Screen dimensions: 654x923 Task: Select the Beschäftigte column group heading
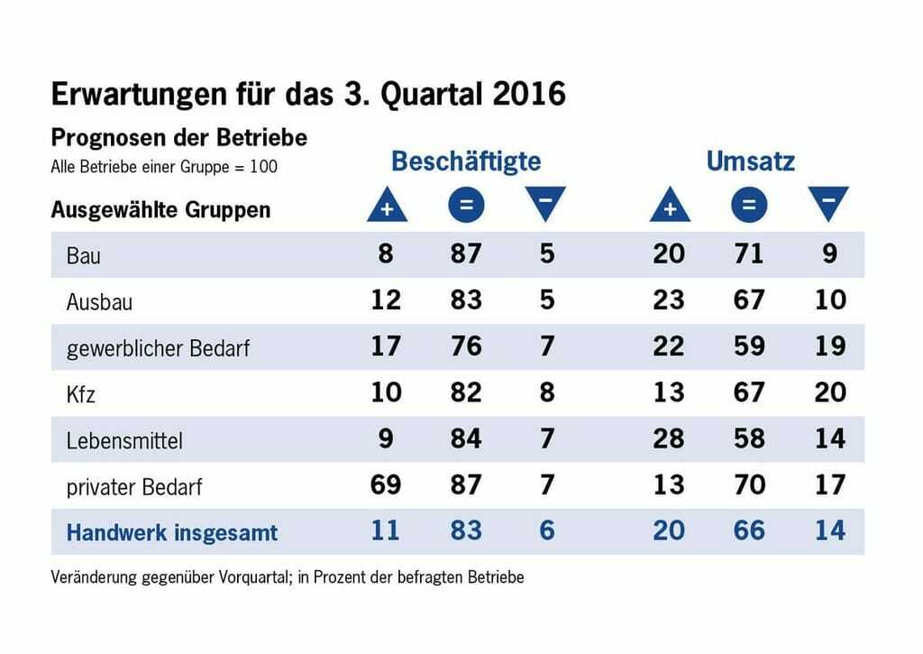coord(466,161)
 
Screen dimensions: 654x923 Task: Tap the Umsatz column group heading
coord(750,161)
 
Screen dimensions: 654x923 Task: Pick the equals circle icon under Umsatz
coord(749,206)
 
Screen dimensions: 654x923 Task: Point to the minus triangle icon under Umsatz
coord(828,204)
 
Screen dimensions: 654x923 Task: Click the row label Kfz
coord(81,394)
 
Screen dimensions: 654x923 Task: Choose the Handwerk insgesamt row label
coord(172,532)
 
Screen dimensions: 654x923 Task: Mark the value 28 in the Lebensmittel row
coord(669,439)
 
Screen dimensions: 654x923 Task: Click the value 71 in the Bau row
coord(748,254)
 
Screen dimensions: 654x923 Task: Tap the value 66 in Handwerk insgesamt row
coord(748,531)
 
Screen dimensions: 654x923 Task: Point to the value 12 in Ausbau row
coord(386,300)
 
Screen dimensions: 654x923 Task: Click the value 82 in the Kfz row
coord(466,393)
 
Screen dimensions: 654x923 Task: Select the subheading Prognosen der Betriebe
coord(178,138)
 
